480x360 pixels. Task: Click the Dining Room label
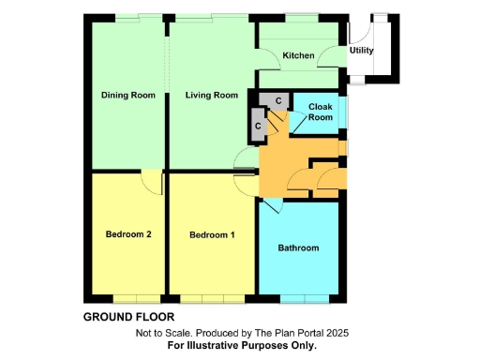point(127,95)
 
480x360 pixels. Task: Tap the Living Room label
point(211,95)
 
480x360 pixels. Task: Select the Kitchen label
point(299,56)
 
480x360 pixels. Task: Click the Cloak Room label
point(321,112)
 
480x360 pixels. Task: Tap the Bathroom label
point(298,248)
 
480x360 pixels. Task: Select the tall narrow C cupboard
point(256,121)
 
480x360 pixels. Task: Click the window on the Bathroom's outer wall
point(304,299)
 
